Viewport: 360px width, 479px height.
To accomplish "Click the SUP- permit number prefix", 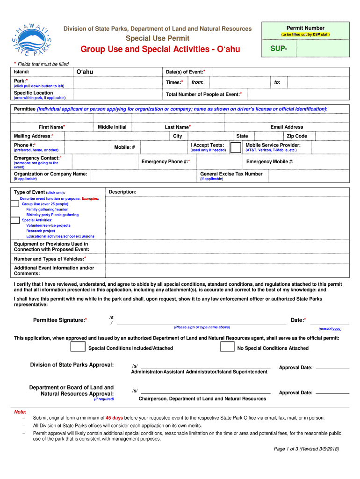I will (x=279, y=49).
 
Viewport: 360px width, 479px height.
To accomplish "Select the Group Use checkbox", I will (x=15, y=203).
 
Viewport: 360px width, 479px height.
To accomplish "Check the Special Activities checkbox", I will (x=15, y=220).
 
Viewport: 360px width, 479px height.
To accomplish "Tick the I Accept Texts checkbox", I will (x=236, y=147).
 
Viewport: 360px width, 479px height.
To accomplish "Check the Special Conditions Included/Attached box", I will (x=78, y=347).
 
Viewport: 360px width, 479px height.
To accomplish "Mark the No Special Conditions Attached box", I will (x=227, y=347).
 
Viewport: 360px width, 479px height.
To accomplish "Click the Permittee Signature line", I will (x=201, y=323).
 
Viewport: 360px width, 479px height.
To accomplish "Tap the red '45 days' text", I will (x=114, y=418).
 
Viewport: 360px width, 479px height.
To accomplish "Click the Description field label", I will (x=122, y=192).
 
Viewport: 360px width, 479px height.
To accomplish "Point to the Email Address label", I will (x=287, y=127).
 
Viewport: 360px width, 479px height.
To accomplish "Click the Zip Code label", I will (x=297, y=136).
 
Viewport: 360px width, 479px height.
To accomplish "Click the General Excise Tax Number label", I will (x=231, y=174).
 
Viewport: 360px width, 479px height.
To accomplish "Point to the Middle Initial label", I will (x=112, y=127).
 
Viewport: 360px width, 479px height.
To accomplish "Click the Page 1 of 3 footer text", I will (x=306, y=449).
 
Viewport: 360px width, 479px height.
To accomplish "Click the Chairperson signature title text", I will (x=202, y=399).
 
